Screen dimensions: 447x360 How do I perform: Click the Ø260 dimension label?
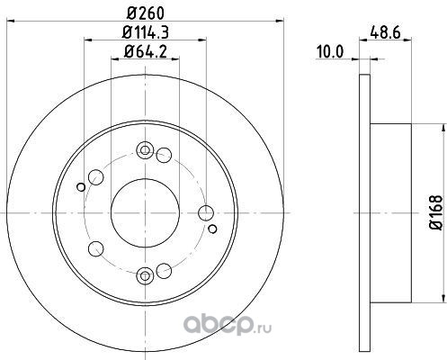point(146,13)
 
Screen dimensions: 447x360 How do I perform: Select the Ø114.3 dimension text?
point(146,32)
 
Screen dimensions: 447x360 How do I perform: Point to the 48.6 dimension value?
point(385,32)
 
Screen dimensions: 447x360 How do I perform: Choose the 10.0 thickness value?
point(330,52)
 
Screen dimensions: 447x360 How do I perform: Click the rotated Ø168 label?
point(436,212)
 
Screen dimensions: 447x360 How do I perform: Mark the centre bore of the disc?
point(145,213)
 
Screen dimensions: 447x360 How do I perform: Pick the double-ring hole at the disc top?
point(145,150)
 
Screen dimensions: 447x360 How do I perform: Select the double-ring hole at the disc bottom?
point(145,276)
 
